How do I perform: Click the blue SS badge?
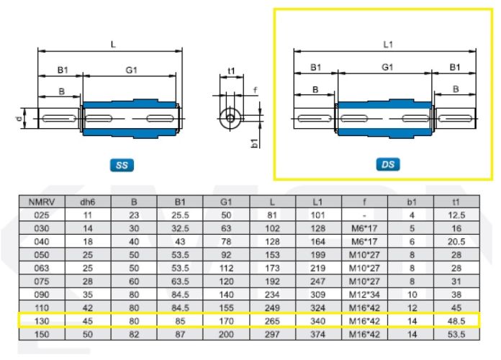point(122,165)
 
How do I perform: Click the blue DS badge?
point(388,164)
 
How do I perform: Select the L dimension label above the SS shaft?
point(113,44)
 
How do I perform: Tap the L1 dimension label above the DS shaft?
point(387,45)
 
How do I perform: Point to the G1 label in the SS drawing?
point(131,70)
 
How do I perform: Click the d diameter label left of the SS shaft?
point(20,119)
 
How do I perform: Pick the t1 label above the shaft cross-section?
point(231,71)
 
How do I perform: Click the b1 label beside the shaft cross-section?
point(255,143)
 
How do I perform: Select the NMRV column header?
point(42,202)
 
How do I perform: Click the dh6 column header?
point(88,202)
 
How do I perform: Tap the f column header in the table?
point(364,202)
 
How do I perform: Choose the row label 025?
point(42,215)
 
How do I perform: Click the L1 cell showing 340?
point(318,320)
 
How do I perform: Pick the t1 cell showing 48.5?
point(456,320)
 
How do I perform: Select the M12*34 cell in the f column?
point(364,294)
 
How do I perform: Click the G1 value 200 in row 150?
point(226,334)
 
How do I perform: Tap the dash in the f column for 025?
point(364,215)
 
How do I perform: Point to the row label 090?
point(42,294)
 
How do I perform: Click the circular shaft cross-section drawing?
point(230,118)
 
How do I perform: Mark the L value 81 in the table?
point(272,215)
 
